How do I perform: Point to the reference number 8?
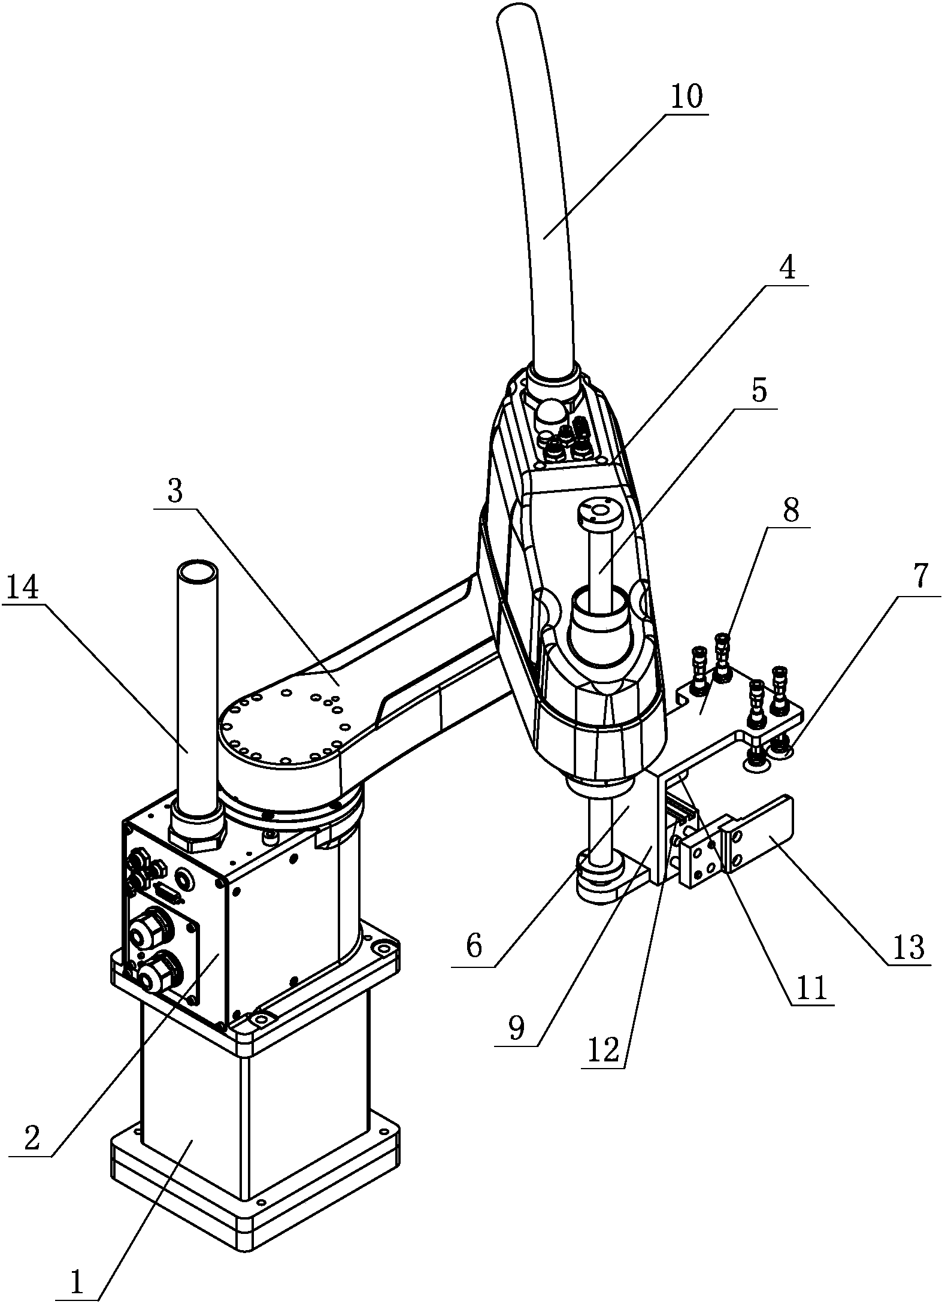[790, 512]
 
